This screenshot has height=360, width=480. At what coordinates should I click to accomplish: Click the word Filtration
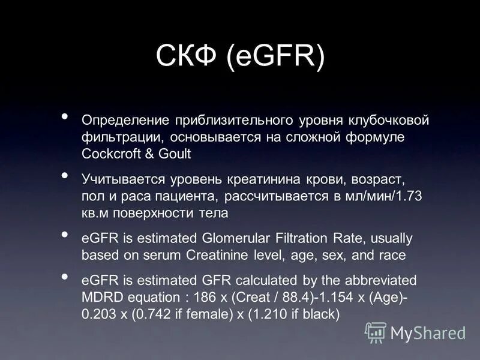coord(304,238)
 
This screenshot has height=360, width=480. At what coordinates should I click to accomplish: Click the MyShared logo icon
coord(376,332)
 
